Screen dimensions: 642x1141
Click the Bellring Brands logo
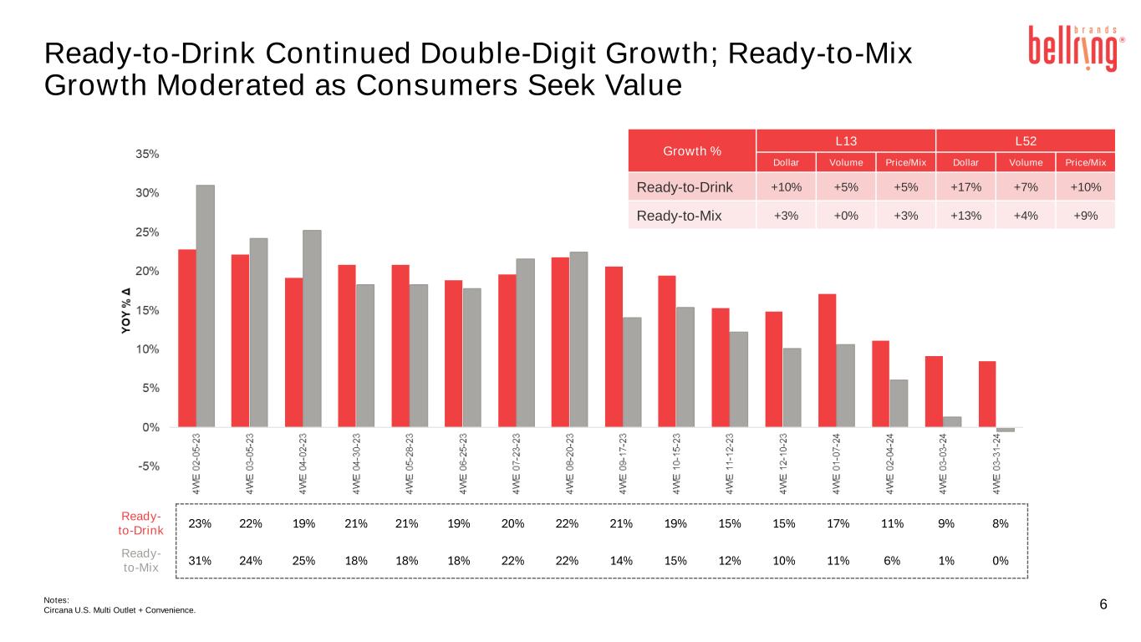1073,48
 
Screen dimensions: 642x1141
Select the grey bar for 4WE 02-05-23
206,305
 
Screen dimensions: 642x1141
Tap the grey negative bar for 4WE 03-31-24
1006,430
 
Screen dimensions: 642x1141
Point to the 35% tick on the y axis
148,154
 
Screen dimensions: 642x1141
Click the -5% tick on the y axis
148,466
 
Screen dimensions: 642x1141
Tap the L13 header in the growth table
845,139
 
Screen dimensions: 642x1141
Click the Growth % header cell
692,151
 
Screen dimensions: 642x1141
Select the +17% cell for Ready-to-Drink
965,187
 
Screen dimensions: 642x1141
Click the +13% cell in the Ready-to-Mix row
965,215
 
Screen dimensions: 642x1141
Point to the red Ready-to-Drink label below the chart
140,523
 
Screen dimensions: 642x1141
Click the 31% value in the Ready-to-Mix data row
200,560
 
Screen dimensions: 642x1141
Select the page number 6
1103,604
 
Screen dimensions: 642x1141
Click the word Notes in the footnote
56,599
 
